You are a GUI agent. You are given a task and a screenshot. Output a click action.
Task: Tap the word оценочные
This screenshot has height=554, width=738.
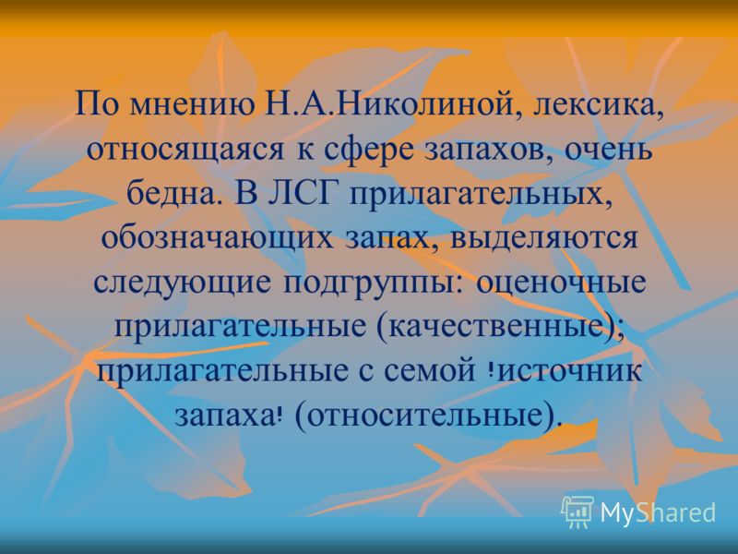[561, 282]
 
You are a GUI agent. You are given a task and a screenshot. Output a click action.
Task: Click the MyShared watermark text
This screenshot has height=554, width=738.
[658, 512]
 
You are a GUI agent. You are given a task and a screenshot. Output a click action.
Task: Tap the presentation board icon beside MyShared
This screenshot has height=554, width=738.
[578, 511]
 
